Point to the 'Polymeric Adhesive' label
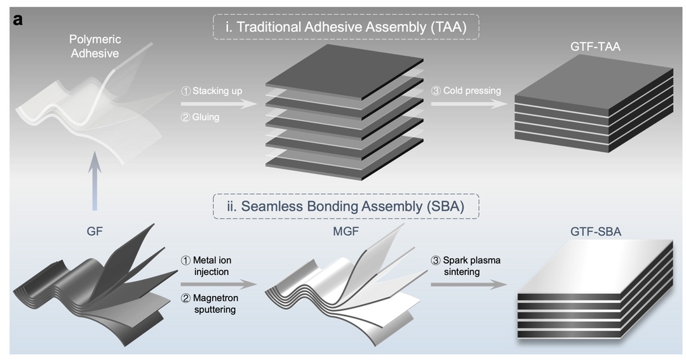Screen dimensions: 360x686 [x=94, y=47]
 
